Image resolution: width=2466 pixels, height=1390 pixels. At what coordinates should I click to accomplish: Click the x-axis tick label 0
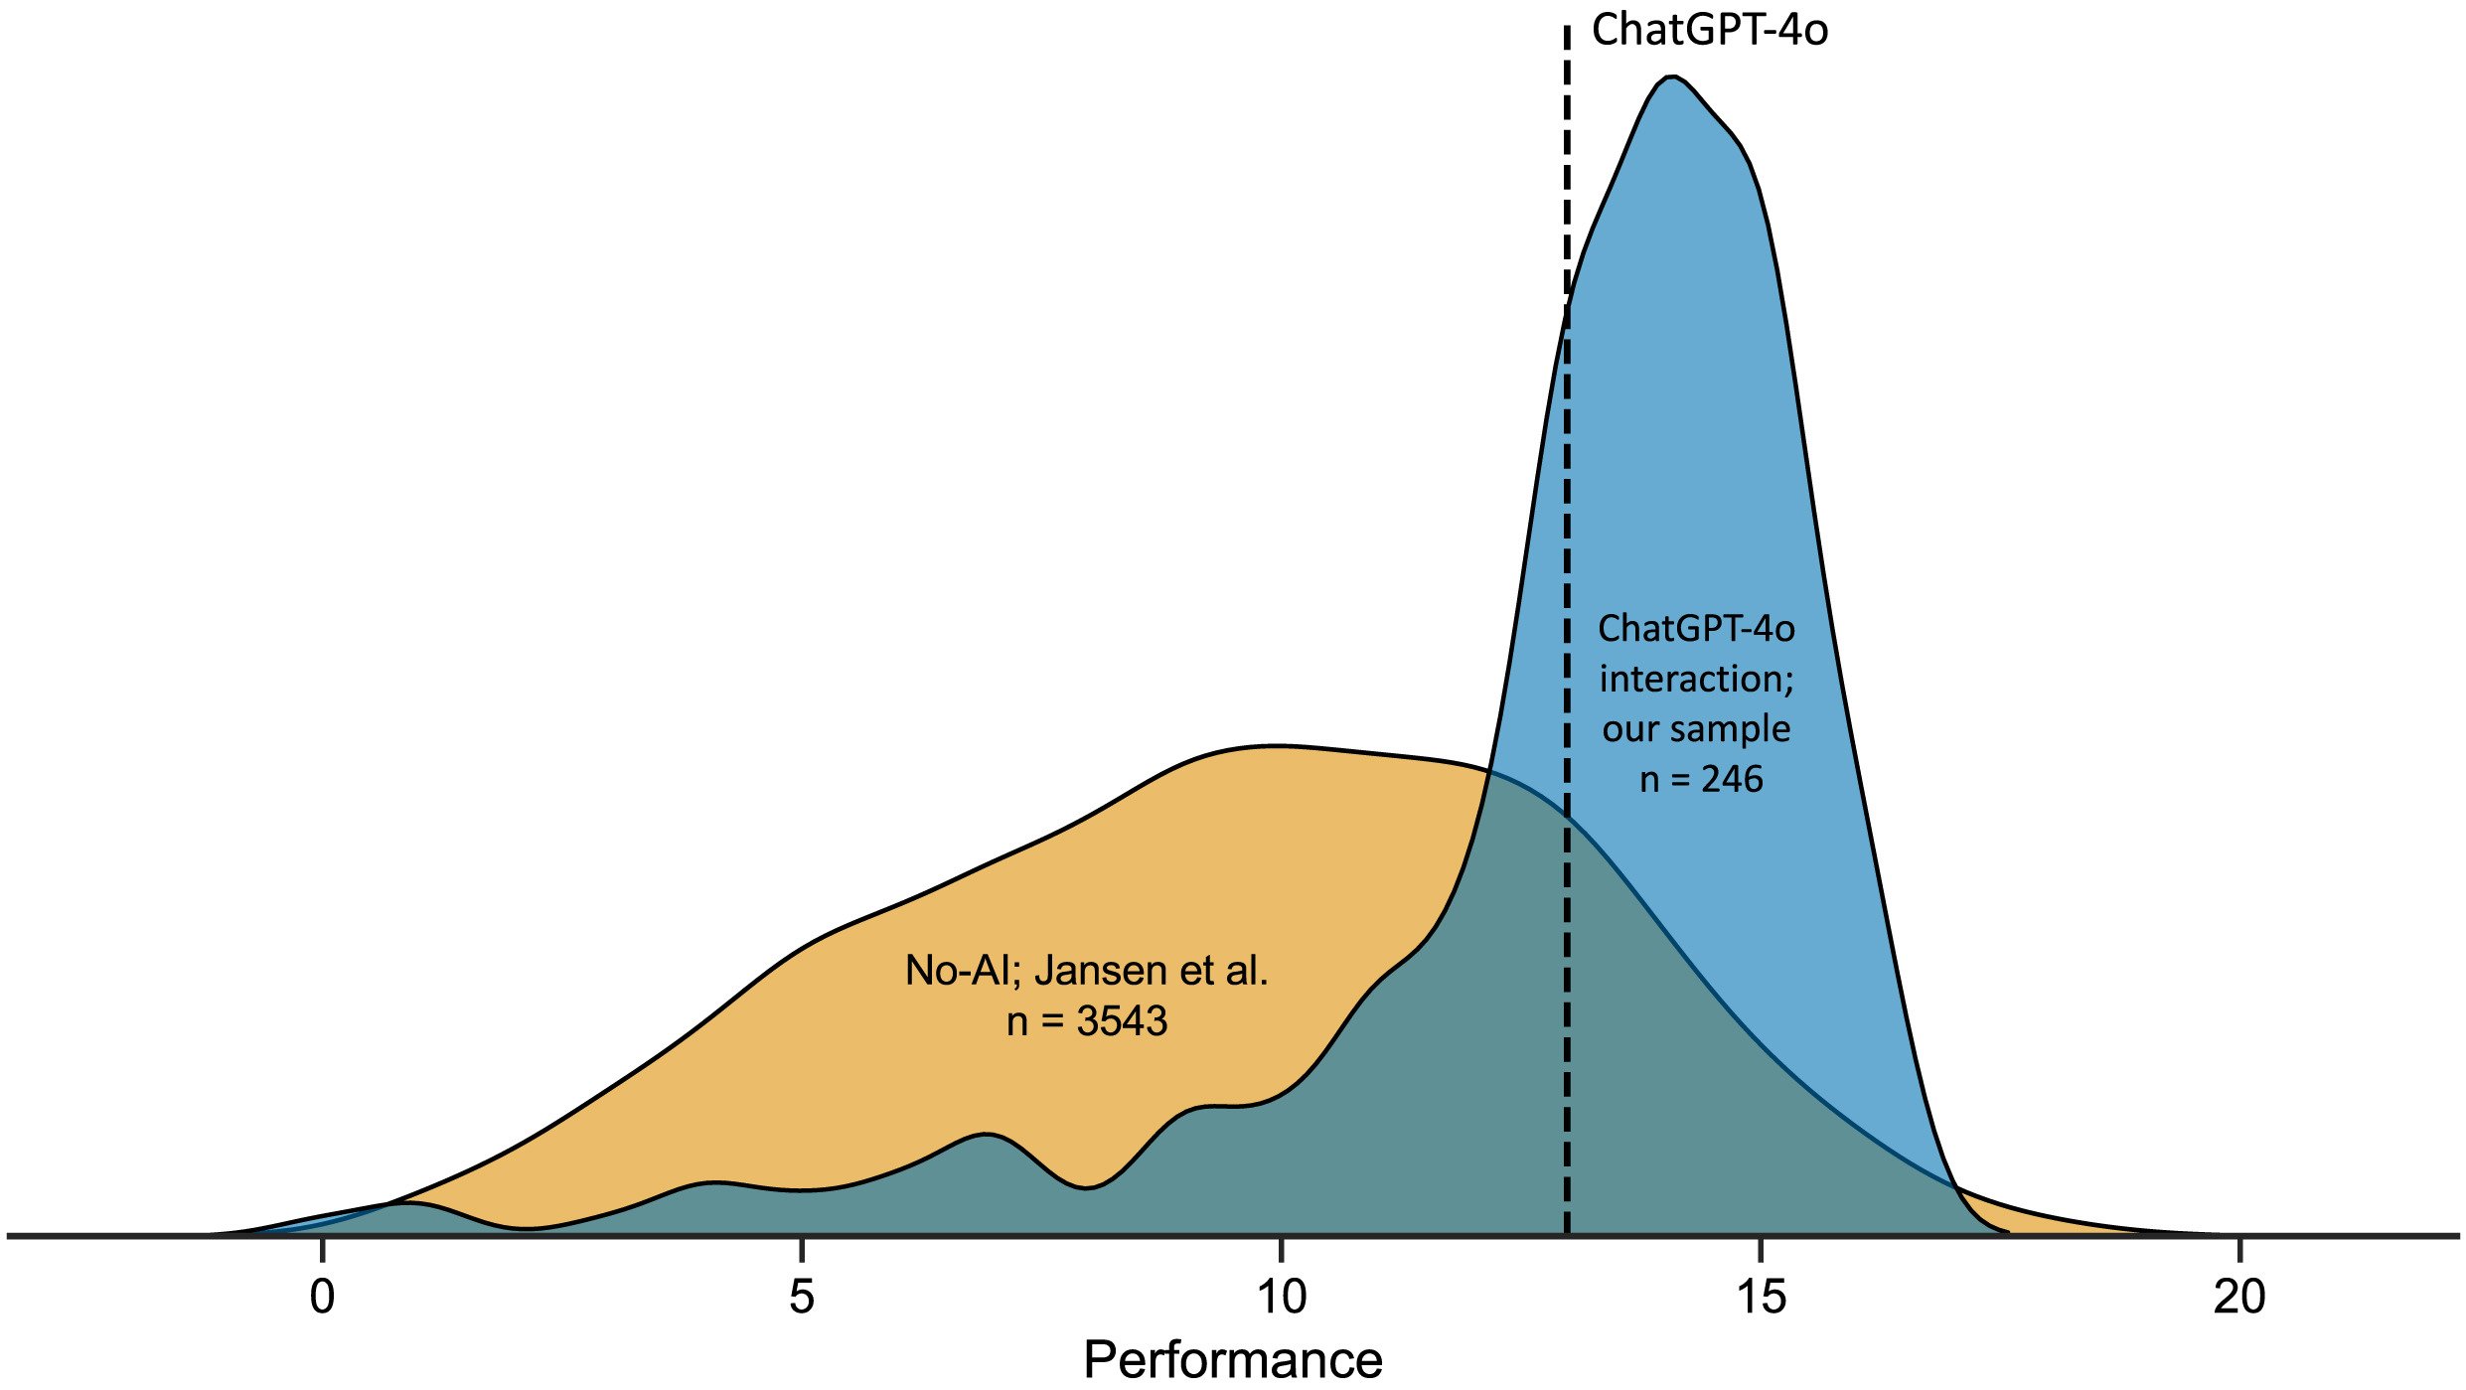pyautogui.click(x=322, y=1297)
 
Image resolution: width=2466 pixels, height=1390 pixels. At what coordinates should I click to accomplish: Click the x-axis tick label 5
pyautogui.click(x=801, y=1297)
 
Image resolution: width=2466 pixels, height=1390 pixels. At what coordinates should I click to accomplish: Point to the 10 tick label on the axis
pyautogui.click(x=1281, y=1297)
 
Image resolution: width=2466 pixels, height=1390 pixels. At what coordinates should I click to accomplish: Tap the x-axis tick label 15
pyautogui.click(x=1761, y=1297)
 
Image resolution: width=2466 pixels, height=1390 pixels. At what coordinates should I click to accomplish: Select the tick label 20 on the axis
pyautogui.click(x=2239, y=1297)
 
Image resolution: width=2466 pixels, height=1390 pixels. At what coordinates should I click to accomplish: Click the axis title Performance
pyautogui.click(x=1232, y=1359)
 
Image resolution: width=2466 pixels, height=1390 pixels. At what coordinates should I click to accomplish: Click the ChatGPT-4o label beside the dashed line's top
pyautogui.click(x=1709, y=30)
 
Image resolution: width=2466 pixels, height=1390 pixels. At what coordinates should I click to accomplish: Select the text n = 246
pyautogui.click(x=1700, y=779)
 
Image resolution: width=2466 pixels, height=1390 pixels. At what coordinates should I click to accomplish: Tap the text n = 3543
pyautogui.click(x=1086, y=1021)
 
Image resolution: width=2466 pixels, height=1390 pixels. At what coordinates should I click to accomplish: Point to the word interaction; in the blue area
pyautogui.click(x=1696, y=679)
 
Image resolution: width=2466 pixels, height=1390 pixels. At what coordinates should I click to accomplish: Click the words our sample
pyautogui.click(x=1696, y=728)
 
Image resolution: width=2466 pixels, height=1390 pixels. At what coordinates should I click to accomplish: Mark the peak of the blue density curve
pyautogui.click(x=1674, y=77)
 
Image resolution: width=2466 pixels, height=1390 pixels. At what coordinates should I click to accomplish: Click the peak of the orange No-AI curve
pyautogui.click(x=1272, y=745)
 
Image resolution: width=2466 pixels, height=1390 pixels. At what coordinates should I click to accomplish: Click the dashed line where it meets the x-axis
pyautogui.click(x=1567, y=1235)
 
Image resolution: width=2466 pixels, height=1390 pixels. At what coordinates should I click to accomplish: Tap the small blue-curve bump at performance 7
pyautogui.click(x=985, y=1135)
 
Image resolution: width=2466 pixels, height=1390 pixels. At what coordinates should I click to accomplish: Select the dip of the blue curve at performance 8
pyautogui.click(x=1088, y=1187)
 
